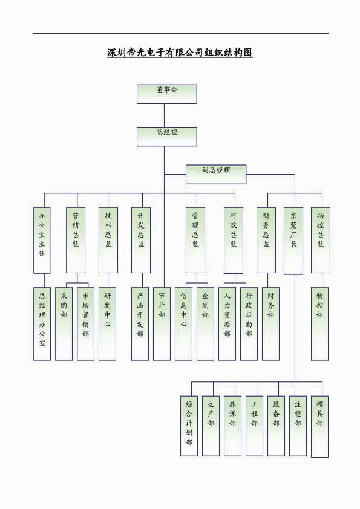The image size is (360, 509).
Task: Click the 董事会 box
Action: click(x=166, y=94)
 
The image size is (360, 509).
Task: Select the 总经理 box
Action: click(x=166, y=137)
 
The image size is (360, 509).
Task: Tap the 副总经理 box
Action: click(x=216, y=174)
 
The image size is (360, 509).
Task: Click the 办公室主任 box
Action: click(x=42, y=240)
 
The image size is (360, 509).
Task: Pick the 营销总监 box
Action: click(x=76, y=240)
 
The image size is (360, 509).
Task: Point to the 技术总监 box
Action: click(x=108, y=240)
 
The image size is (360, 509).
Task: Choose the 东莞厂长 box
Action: click(x=293, y=241)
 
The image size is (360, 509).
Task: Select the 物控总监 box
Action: click(x=321, y=240)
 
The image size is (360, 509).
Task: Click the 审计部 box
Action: click(x=162, y=323)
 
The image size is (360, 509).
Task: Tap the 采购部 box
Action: click(x=64, y=323)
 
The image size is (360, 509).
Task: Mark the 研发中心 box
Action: click(x=107, y=323)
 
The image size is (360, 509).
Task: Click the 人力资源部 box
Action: click(x=227, y=323)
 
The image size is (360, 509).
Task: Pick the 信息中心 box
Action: click(x=183, y=323)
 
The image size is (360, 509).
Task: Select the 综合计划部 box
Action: click(x=189, y=426)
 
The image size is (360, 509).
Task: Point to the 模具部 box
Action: click(x=319, y=427)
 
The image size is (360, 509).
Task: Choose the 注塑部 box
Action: click(x=298, y=426)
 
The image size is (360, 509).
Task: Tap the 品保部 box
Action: click(x=232, y=426)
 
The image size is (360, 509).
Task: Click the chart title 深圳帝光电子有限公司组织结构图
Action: click(x=180, y=53)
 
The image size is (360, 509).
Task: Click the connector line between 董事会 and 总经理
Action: click(x=164, y=115)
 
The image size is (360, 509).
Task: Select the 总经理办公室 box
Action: click(x=42, y=323)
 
